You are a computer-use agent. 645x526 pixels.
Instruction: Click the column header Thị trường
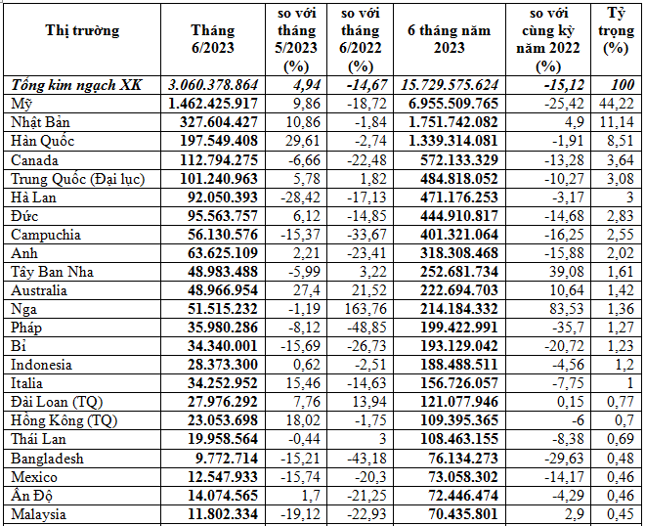point(82,30)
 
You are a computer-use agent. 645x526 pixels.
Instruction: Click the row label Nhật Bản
point(39,122)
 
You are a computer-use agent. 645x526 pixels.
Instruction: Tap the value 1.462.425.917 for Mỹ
point(212,104)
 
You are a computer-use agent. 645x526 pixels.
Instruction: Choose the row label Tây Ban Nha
point(52,272)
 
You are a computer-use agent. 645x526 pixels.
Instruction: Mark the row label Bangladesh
point(47,459)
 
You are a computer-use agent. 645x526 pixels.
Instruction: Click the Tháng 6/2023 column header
point(212,39)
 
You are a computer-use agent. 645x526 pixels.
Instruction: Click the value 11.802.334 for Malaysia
point(212,514)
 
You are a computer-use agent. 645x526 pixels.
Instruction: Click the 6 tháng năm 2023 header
point(449,39)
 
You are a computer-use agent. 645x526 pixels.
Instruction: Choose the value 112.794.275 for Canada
point(212,159)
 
